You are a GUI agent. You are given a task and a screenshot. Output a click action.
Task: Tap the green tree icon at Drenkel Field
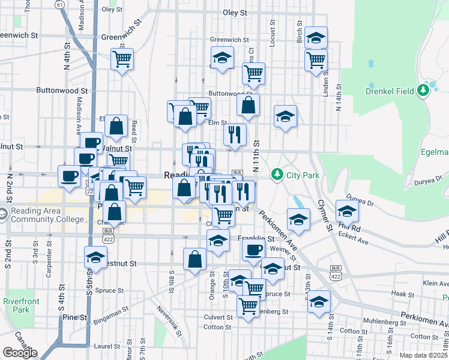(424, 91)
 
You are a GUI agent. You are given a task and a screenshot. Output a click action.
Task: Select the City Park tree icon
(277, 175)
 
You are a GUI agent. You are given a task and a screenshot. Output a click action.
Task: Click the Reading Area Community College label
(46, 215)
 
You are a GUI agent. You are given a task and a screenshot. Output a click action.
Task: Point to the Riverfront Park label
(16, 305)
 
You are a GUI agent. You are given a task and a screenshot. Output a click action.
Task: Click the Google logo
(20, 353)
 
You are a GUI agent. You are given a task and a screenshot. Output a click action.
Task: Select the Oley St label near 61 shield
(112, 10)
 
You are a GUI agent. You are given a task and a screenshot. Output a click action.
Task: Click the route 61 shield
(59, 4)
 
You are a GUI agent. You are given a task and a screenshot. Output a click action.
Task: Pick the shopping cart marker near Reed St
(122, 59)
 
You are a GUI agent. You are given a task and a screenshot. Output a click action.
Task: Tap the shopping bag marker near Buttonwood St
(248, 105)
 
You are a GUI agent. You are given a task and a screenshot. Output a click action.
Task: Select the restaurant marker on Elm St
(235, 134)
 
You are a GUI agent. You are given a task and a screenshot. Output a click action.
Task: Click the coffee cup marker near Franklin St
(254, 248)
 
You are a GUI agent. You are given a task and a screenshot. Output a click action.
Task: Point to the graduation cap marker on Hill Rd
(347, 211)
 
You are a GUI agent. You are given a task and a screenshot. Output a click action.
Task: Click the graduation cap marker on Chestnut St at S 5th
(95, 257)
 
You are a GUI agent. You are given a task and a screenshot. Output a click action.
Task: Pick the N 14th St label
(339, 110)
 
